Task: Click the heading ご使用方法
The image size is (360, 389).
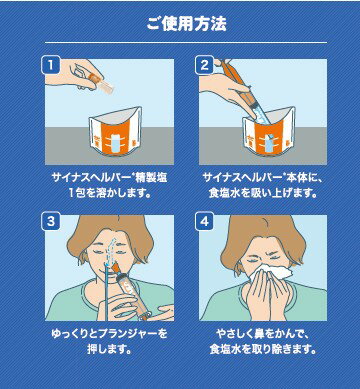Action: [x=186, y=24]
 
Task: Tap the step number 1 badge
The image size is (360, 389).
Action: [x=50, y=65]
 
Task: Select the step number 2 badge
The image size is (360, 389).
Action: [x=204, y=65]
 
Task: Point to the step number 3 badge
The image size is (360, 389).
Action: [x=50, y=221]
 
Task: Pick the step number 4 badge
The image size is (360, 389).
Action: [x=204, y=221]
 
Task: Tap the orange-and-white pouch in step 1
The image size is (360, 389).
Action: [x=115, y=132]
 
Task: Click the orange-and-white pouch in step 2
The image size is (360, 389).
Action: [x=269, y=132]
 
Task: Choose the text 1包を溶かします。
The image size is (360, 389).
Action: [x=110, y=193]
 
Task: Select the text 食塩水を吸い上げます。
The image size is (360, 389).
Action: [x=263, y=193]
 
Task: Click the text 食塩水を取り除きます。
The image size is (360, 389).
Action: [x=263, y=349]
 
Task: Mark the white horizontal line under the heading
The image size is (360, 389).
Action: [x=186, y=42]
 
